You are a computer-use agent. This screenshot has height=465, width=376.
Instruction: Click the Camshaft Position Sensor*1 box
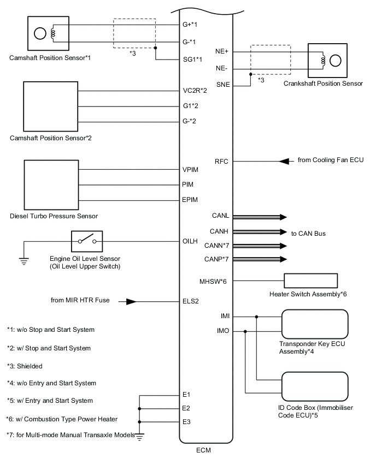click(x=48, y=33)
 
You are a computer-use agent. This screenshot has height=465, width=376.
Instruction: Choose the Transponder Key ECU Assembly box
click(x=314, y=324)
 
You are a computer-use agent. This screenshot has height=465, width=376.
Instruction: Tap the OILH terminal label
click(x=191, y=240)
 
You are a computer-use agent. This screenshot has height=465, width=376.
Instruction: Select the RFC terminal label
click(x=222, y=161)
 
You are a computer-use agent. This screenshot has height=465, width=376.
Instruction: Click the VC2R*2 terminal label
click(x=195, y=91)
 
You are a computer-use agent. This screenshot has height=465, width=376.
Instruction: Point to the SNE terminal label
click(x=223, y=84)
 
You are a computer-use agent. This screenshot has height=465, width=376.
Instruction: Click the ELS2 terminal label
click(x=191, y=301)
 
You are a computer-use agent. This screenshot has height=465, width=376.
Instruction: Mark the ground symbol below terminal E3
click(x=140, y=434)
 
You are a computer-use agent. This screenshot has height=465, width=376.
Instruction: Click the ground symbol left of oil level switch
click(x=24, y=260)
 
